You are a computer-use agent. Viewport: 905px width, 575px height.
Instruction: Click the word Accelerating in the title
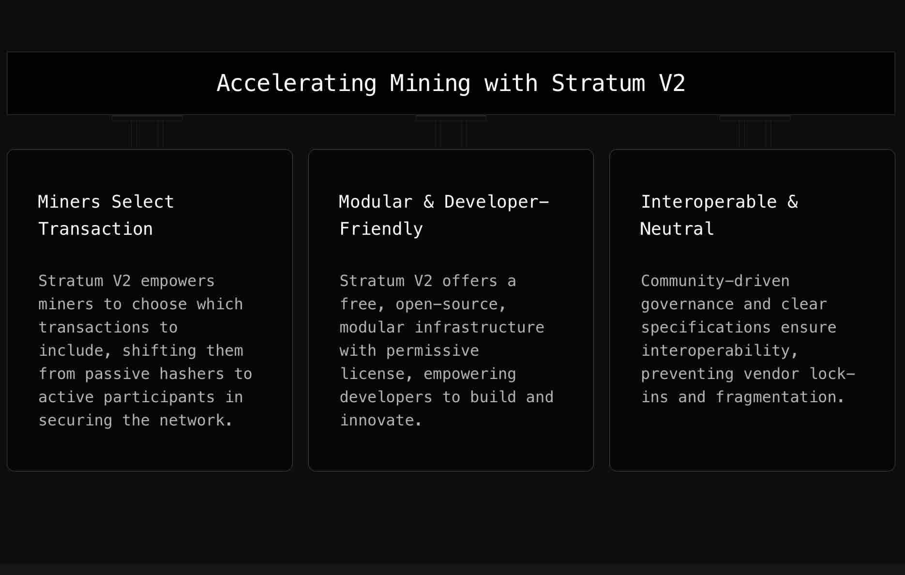coord(296,83)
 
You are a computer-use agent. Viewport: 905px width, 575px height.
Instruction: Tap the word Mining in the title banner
coord(430,83)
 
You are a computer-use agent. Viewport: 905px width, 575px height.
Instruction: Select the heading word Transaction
coord(95,229)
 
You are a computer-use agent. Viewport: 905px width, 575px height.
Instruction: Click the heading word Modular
coord(376,202)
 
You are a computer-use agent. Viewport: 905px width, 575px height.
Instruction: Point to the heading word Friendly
coord(381,229)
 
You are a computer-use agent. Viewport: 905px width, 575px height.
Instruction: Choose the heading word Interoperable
coord(709,202)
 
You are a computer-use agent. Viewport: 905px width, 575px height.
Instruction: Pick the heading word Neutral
coord(677,229)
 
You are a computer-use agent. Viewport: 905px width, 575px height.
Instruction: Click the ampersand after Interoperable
coord(793,202)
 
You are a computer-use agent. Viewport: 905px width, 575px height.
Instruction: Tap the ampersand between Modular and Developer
coord(429,202)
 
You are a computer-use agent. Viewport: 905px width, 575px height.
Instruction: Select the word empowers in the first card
coord(178,281)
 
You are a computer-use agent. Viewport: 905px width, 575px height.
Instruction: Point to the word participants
coord(159,397)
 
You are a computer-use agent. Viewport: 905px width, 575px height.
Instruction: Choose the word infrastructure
coord(479,328)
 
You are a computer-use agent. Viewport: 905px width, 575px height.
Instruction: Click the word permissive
coord(432,351)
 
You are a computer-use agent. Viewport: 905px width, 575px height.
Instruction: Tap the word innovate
coord(380,421)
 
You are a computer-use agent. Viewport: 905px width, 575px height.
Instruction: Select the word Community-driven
coord(715,281)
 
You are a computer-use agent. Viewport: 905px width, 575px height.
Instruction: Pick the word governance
coord(687,304)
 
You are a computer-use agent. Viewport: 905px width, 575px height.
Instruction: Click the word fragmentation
coord(780,397)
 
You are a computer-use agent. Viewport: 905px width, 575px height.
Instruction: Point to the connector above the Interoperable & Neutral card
coord(754,132)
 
